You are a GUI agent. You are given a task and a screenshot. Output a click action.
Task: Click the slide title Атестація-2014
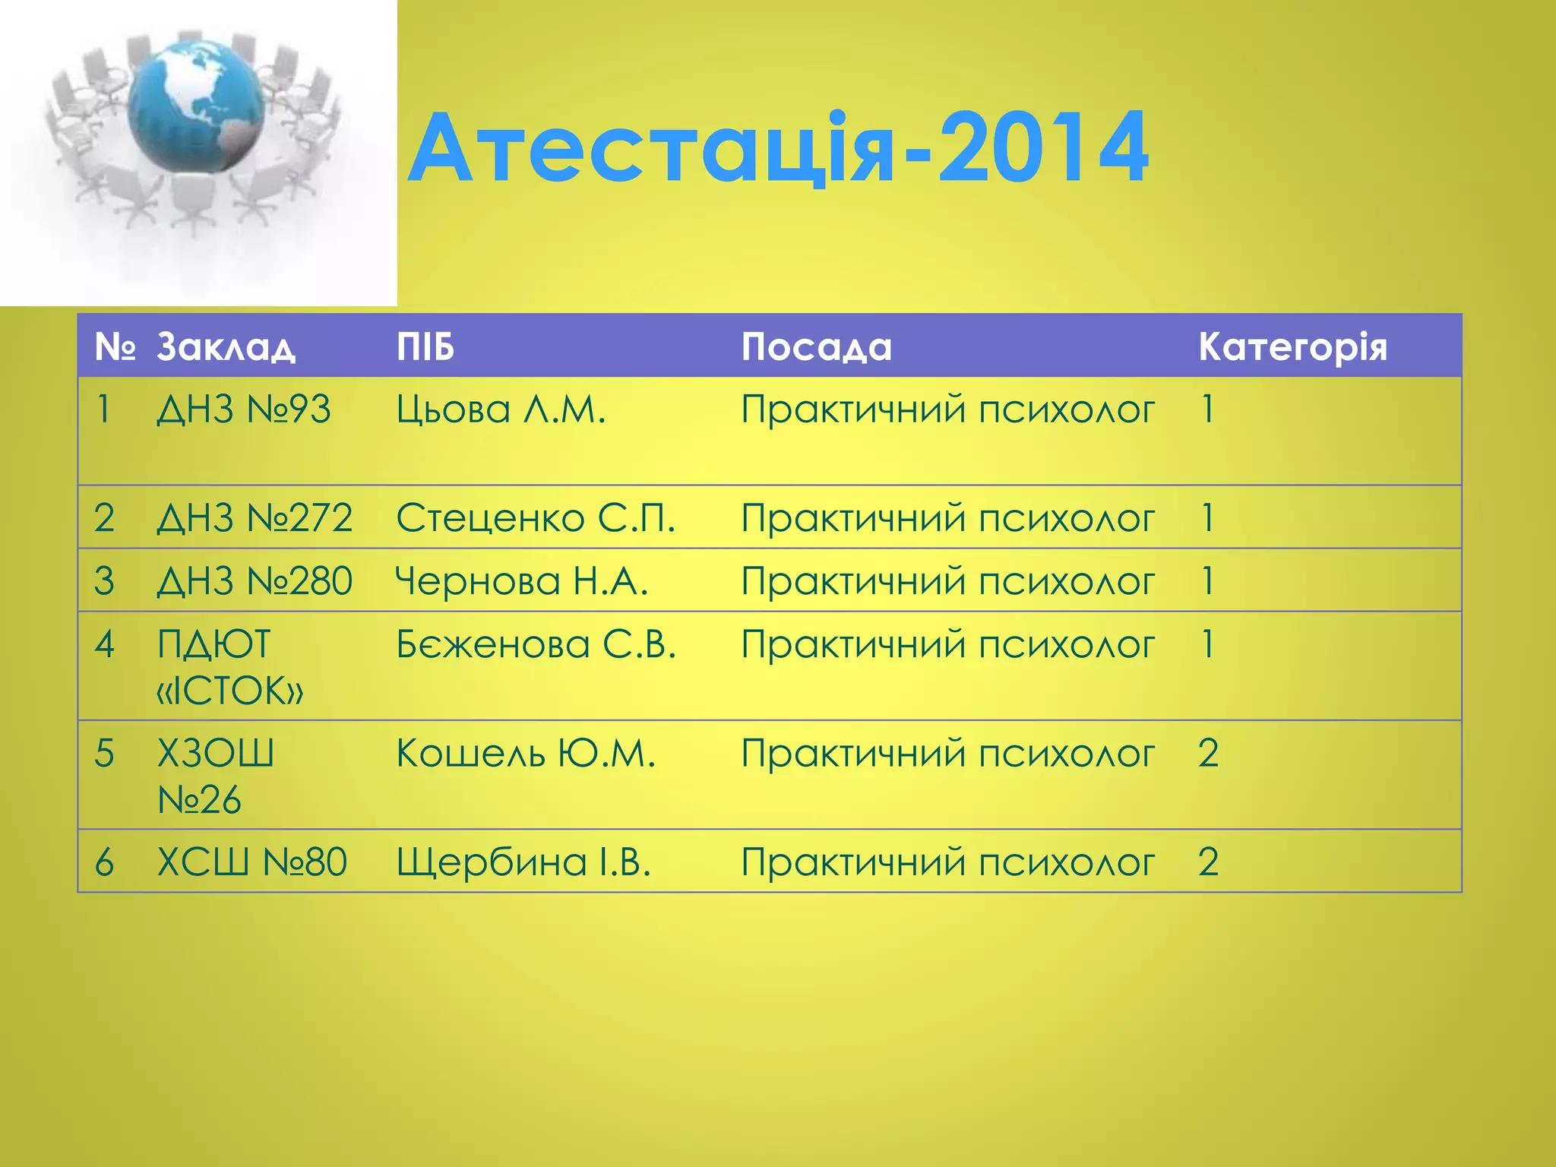click(778, 148)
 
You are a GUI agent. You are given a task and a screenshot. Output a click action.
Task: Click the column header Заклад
click(226, 347)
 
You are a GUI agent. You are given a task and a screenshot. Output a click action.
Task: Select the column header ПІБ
click(425, 347)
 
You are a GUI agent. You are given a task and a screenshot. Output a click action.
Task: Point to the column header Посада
click(816, 347)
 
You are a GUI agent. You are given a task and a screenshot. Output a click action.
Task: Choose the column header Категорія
click(1292, 347)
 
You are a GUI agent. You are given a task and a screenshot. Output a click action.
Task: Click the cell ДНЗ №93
click(244, 410)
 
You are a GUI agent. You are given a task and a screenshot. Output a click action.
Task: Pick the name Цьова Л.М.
click(501, 410)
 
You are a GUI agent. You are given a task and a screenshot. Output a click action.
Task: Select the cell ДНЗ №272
click(255, 518)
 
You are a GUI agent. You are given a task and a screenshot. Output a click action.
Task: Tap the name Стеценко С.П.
click(536, 518)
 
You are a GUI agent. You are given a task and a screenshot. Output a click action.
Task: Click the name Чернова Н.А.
click(522, 581)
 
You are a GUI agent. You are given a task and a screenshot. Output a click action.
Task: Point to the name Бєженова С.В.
click(536, 644)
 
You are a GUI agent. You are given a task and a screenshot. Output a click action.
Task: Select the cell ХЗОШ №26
click(214, 776)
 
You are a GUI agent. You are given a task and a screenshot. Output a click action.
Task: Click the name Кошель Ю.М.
click(525, 754)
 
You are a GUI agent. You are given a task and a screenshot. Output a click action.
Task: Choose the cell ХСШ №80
click(251, 862)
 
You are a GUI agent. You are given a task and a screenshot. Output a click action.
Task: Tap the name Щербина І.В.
click(523, 862)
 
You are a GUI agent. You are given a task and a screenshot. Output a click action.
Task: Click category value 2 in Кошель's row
click(1208, 754)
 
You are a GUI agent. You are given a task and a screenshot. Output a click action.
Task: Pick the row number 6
click(104, 862)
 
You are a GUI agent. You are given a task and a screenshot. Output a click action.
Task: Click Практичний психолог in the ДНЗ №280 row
click(947, 581)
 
